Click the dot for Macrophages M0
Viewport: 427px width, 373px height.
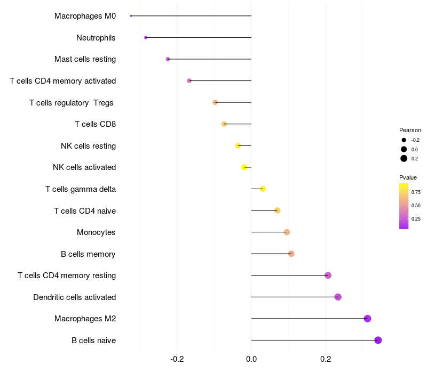(131, 16)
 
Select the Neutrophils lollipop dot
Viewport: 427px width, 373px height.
(146, 38)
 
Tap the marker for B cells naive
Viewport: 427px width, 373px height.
(378, 340)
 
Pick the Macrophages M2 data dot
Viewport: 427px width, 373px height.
(367, 319)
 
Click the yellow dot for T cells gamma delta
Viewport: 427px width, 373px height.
(263, 189)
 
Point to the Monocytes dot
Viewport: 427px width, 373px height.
(287, 232)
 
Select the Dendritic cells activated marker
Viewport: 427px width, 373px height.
(338, 297)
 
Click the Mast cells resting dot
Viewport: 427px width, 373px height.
(168, 59)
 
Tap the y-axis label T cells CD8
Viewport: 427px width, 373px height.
(95, 124)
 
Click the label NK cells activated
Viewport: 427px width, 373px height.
(84, 167)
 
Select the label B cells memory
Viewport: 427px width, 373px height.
(88, 254)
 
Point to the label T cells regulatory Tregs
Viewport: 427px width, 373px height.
(72, 102)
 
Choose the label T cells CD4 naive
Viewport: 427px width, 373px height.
(85, 211)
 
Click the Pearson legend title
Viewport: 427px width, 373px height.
(410, 130)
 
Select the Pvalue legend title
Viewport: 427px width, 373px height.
(408, 177)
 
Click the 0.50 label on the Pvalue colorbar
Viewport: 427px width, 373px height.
(416, 205)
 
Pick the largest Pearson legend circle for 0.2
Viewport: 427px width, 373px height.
(404, 158)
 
